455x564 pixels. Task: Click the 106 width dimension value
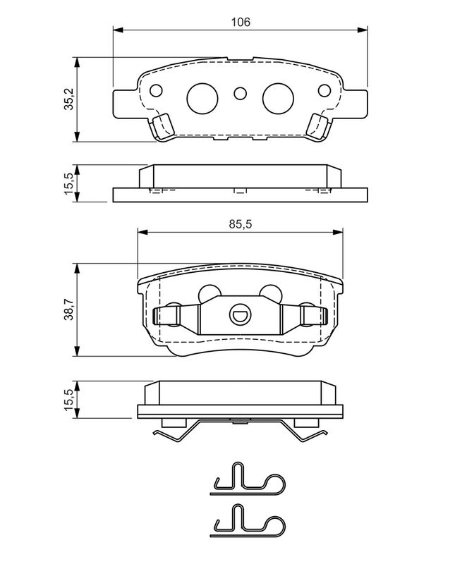click(x=241, y=22)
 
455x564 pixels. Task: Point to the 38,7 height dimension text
click(x=69, y=310)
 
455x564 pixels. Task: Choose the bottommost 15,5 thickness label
click(x=69, y=400)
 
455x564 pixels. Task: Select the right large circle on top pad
click(x=279, y=98)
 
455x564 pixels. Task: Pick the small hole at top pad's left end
click(x=157, y=90)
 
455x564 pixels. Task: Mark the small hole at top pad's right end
click(x=324, y=90)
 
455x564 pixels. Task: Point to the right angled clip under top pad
click(x=320, y=127)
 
